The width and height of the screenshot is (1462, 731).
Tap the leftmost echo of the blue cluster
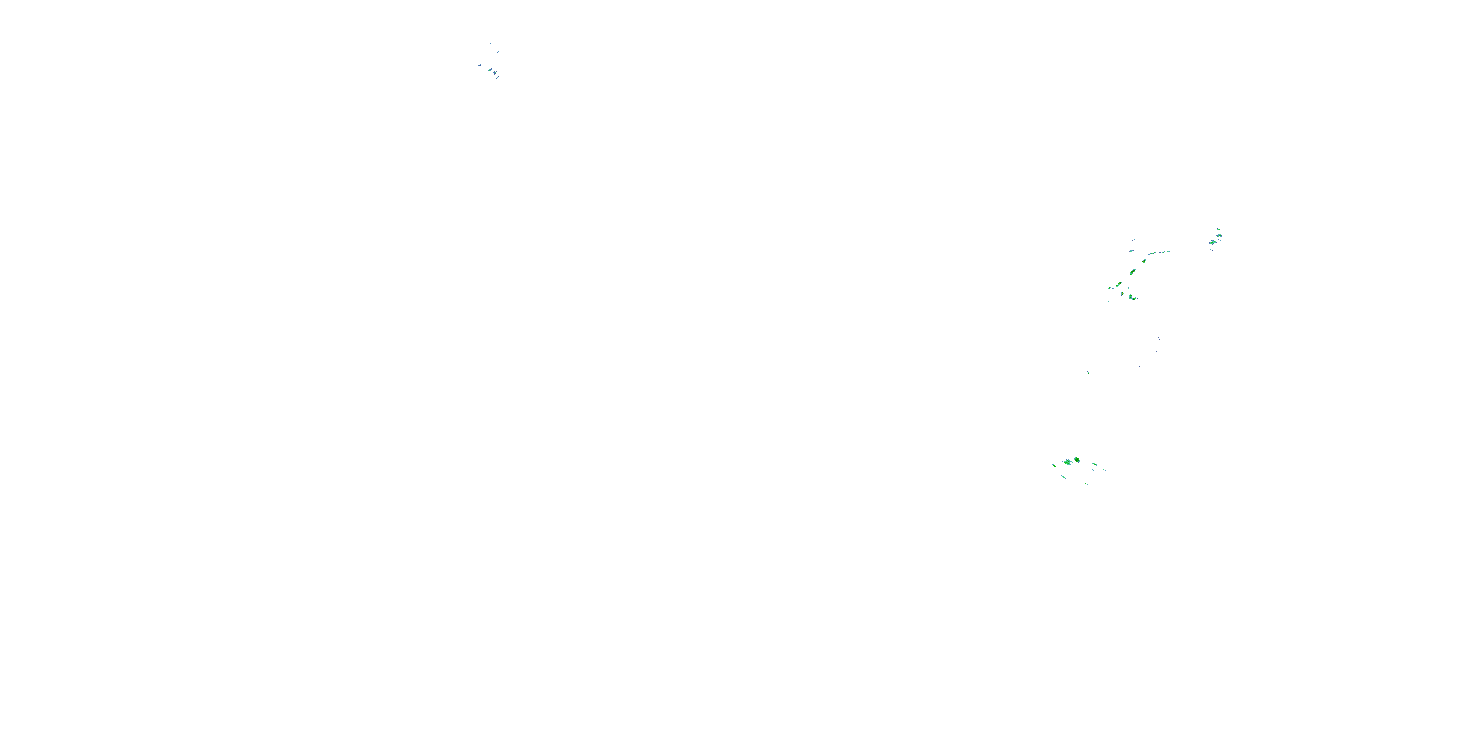click(x=480, y=65)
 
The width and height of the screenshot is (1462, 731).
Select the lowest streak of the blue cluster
click(x=497, y=78)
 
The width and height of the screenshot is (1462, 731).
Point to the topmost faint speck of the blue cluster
click(x=490, y=44)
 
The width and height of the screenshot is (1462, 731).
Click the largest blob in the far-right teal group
click(x=1213, y=242)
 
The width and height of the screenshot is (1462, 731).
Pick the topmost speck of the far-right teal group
click(x=1218, y=229)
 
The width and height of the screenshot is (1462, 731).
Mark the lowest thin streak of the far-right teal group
click(x=1211, y=250)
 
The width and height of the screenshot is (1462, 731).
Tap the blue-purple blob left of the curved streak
click(x=1132, y=251)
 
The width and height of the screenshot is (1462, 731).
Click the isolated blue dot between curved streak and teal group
click(x=1181, y=249)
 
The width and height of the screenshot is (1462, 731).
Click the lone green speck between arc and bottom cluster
click(x=1088, y=373)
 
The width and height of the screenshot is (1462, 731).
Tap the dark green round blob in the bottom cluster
click(x=1077, y=459)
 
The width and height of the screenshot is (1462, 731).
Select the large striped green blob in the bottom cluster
click(x=1068, y=462)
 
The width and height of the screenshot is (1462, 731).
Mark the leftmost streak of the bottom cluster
click(x=1055, y=466)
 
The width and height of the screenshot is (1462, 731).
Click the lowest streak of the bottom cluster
click(x=1087, y=484)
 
